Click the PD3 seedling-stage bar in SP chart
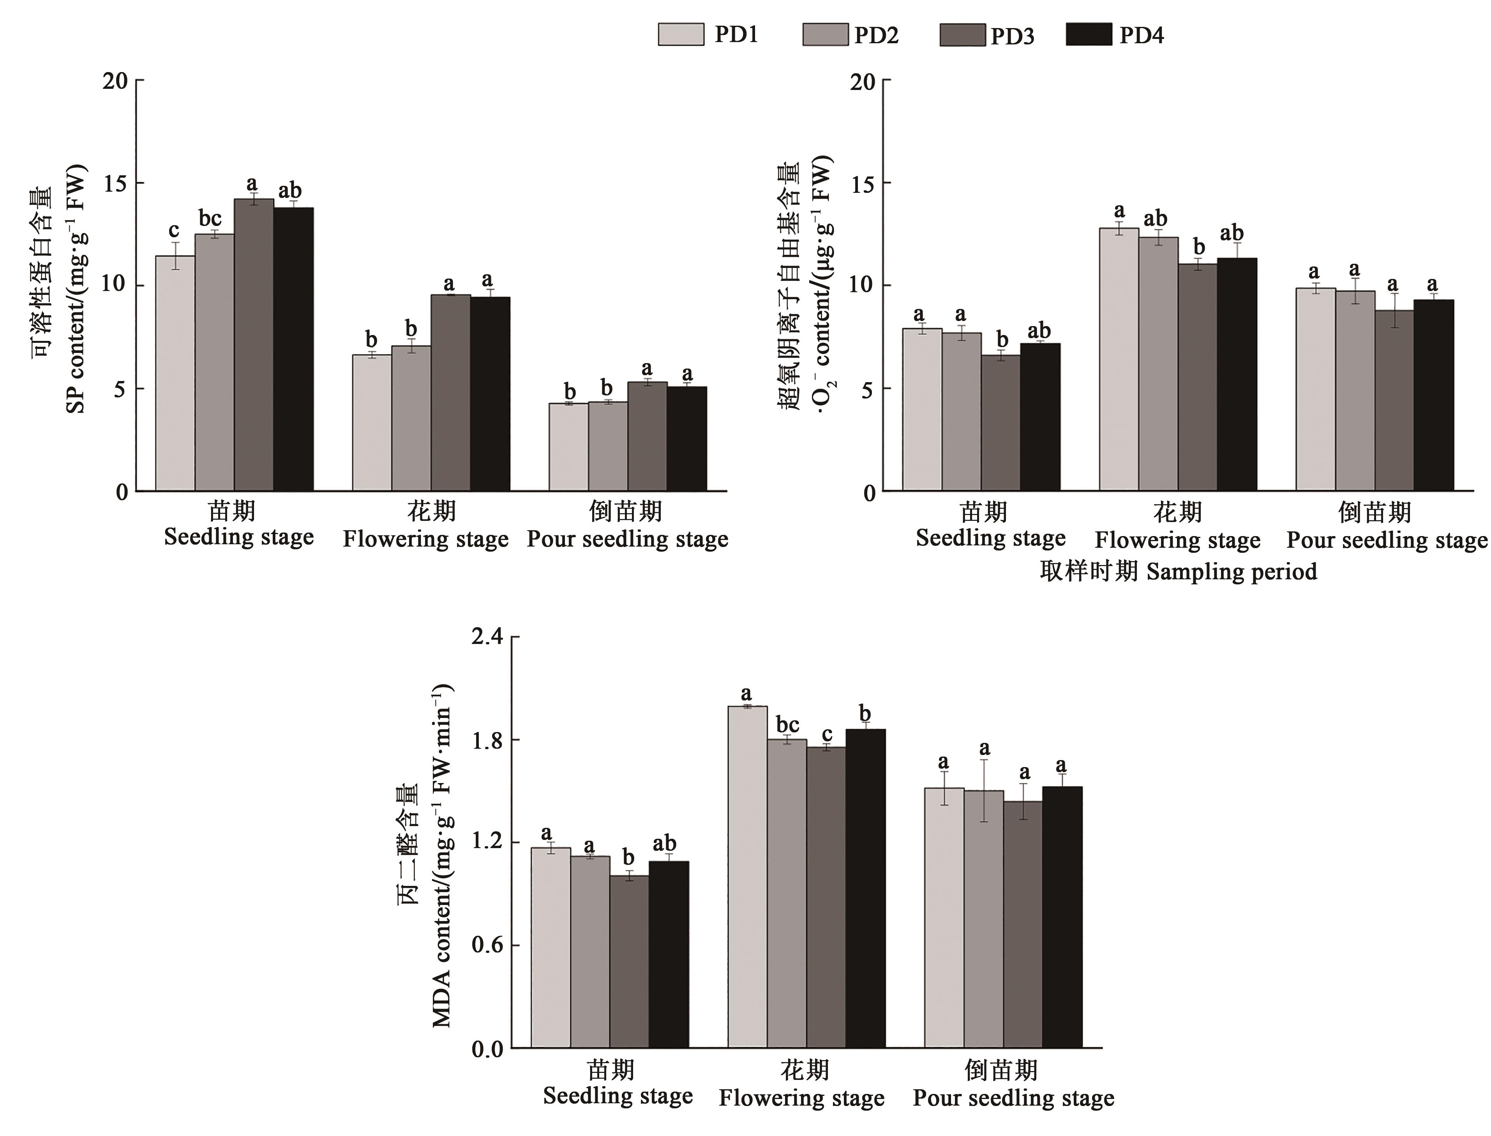click(x=254, y=345)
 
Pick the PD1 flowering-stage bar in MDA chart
click(x=747, y=877)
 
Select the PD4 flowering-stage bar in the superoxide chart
click(x=1237, y=374)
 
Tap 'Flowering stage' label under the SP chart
click(x=425, y=540)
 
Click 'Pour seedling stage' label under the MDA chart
click(x=1013, y=1098)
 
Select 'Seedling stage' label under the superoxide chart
click(x=991, y=538)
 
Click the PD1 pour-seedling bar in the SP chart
click(x=568, y=447)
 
